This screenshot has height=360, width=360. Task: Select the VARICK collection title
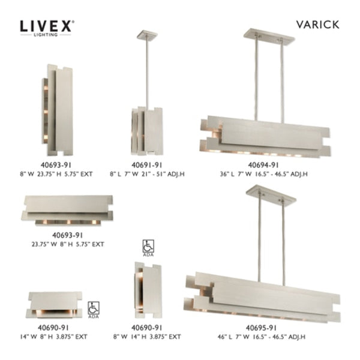tap(318, 25)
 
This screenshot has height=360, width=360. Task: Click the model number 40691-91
tap(147, 164)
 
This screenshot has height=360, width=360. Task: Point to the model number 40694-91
tap(263, 164)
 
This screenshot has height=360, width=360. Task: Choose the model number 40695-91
tap(263, 327)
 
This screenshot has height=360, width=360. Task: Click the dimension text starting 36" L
tap(264, 173)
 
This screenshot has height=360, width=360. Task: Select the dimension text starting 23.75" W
tap(67, 244)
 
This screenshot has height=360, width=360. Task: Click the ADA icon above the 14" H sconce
tap(147, 247)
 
